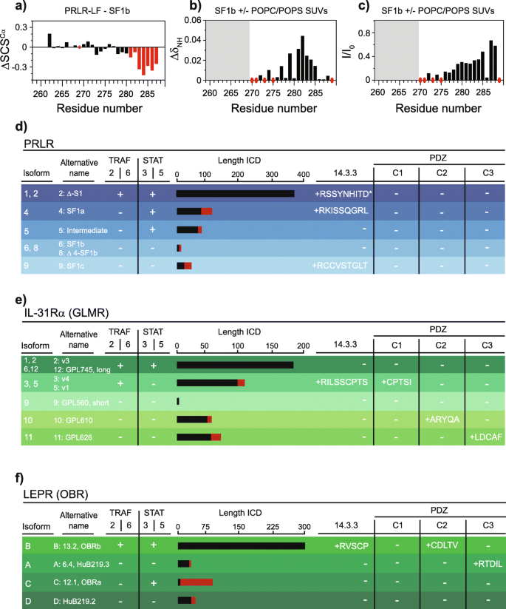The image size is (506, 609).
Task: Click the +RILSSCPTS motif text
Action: click(341, 383)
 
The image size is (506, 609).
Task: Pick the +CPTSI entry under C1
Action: click(397, 383)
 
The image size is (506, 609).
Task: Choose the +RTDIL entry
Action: click(488, 542)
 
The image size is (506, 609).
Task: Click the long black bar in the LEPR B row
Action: click(241, 525)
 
